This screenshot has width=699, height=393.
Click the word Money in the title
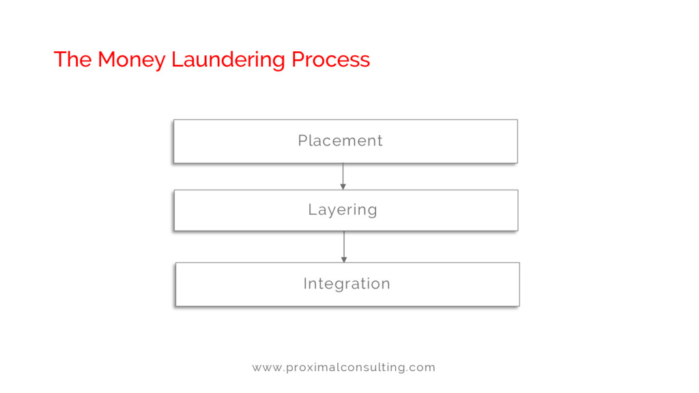tap(131, 60)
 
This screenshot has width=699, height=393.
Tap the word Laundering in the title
tap(228, 60)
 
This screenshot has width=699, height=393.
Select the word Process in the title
tap(330, 60)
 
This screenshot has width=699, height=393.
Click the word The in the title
tap(72, 60)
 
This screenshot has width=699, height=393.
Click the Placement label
tap(340, 141)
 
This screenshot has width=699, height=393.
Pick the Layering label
tap(343, 209)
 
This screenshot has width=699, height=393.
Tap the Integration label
tap(347, 283)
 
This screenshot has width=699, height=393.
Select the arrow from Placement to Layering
tap(343, 175)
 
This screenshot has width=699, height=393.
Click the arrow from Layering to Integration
tap(344, 246)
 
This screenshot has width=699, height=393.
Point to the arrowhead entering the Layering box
tap(343, 186)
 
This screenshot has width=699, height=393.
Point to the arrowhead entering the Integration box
tap(344, 259)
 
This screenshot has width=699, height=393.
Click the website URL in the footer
tap(343, 367)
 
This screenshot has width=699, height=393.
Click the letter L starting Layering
tap(311, 209)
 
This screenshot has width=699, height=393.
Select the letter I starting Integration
tap(305, 283)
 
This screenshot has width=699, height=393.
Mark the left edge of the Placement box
tap(174, 141)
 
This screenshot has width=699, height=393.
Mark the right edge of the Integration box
tap(519, 284)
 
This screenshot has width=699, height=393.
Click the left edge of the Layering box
tap(175, 210)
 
